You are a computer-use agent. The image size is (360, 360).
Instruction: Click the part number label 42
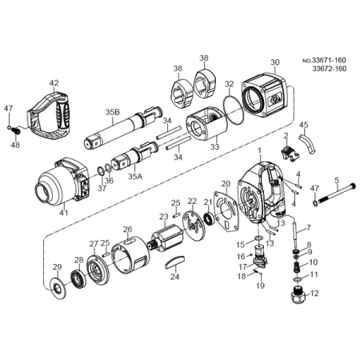[54, 83]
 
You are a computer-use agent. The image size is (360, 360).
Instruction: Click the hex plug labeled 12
[297, 298]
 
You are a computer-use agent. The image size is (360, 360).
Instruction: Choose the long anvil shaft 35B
[122, 128]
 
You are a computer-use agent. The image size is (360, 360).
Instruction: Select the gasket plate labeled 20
[226, 210]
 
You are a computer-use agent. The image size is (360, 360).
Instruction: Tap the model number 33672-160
[330, 69]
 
